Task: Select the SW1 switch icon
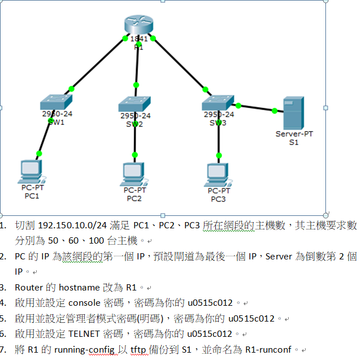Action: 56,103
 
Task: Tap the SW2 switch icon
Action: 134,105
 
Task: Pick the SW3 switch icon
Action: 218,102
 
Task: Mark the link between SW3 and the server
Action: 256,108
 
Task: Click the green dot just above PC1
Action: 39,153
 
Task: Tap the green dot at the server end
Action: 275,111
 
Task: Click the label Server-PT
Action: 294,134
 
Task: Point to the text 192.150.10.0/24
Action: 71,225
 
